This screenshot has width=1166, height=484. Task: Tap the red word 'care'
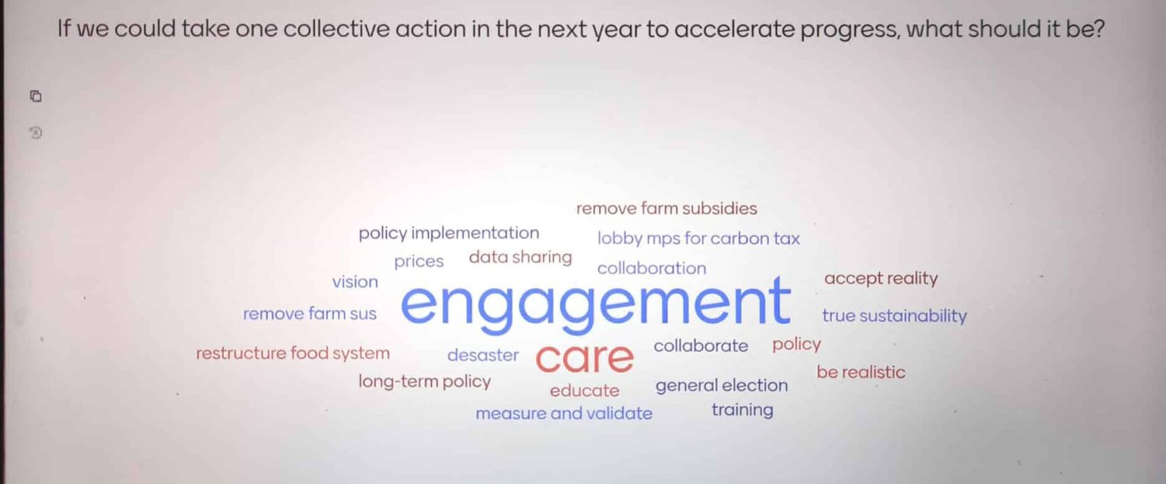(584, 358)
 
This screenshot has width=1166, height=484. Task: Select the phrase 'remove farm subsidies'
(667, 208)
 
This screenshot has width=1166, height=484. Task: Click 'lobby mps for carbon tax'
(698, 239)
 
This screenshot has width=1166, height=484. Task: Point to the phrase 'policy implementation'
(449, 233)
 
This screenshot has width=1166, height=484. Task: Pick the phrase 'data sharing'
(520, 258)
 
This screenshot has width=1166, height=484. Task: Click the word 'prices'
(418, 262)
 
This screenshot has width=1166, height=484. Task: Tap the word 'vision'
(355, 282)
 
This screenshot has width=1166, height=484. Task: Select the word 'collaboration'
(651, 268)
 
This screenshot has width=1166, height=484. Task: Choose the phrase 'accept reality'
(881, 279)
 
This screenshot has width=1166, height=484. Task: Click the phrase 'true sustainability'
(894, 316)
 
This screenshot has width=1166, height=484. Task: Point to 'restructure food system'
(292, 353)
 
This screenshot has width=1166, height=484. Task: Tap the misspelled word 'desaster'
(483, 355)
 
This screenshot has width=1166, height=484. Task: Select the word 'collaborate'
(701, 346)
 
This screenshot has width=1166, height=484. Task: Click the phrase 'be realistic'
(861, 372)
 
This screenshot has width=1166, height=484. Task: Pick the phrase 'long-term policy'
(424, 381)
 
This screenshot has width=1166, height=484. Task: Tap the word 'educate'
(585, 391)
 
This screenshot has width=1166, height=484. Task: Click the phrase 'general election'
(721, 386)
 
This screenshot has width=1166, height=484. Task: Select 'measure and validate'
(563, 414)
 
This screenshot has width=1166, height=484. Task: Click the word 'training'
(742, 410)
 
